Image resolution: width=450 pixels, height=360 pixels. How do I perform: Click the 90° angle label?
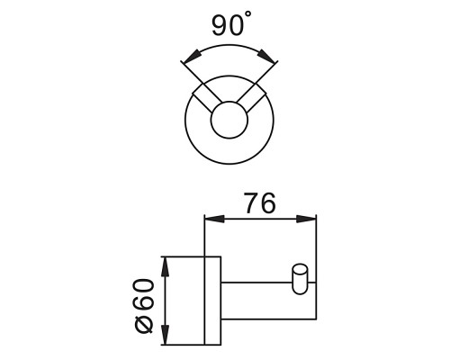[231, 24]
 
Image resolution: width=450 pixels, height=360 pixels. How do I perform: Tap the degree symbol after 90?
[248, 13]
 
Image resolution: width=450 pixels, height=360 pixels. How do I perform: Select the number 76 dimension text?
[260, 203]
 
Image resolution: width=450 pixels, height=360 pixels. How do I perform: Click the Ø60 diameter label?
[145, 306]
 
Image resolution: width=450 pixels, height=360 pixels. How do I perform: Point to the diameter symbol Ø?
[145, 323]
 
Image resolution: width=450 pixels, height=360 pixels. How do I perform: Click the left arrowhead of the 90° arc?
[191, 57]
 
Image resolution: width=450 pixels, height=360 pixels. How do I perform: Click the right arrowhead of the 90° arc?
[266, 56]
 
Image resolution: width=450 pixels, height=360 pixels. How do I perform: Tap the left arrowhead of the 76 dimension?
[214, 219]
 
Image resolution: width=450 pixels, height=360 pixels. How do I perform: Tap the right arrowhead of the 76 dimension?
[306, 219]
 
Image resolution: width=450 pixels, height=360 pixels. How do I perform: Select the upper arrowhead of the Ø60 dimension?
[166, 267]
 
